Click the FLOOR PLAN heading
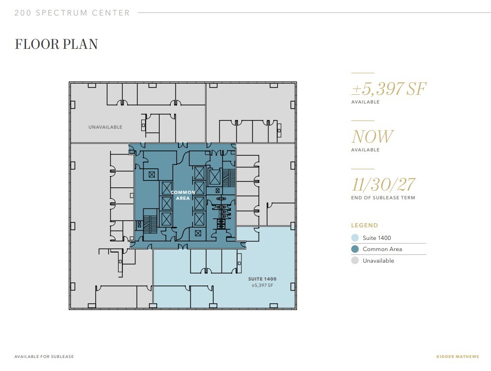point(56,44)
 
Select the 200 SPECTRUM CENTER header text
point(72,13)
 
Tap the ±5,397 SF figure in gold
point(389,89)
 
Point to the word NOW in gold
point(372,136)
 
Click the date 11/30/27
point(383,184)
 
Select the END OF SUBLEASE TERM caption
point(383,198)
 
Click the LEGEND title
point(364,225)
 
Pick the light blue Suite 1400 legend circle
point(355,238)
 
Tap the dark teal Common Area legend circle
point(355,249)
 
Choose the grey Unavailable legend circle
point(355,261)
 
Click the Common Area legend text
point(382,249)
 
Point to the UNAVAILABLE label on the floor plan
point(105,127)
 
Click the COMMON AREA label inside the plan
point(183,195)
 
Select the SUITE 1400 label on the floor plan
point(262,279)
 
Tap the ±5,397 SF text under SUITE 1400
point(262,285)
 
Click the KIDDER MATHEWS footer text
point(457,357)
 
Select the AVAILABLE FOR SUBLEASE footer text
point(44,357)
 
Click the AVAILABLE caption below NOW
point(365,150)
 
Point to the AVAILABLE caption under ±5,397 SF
point(365,102)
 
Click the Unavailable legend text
point(378,261)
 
